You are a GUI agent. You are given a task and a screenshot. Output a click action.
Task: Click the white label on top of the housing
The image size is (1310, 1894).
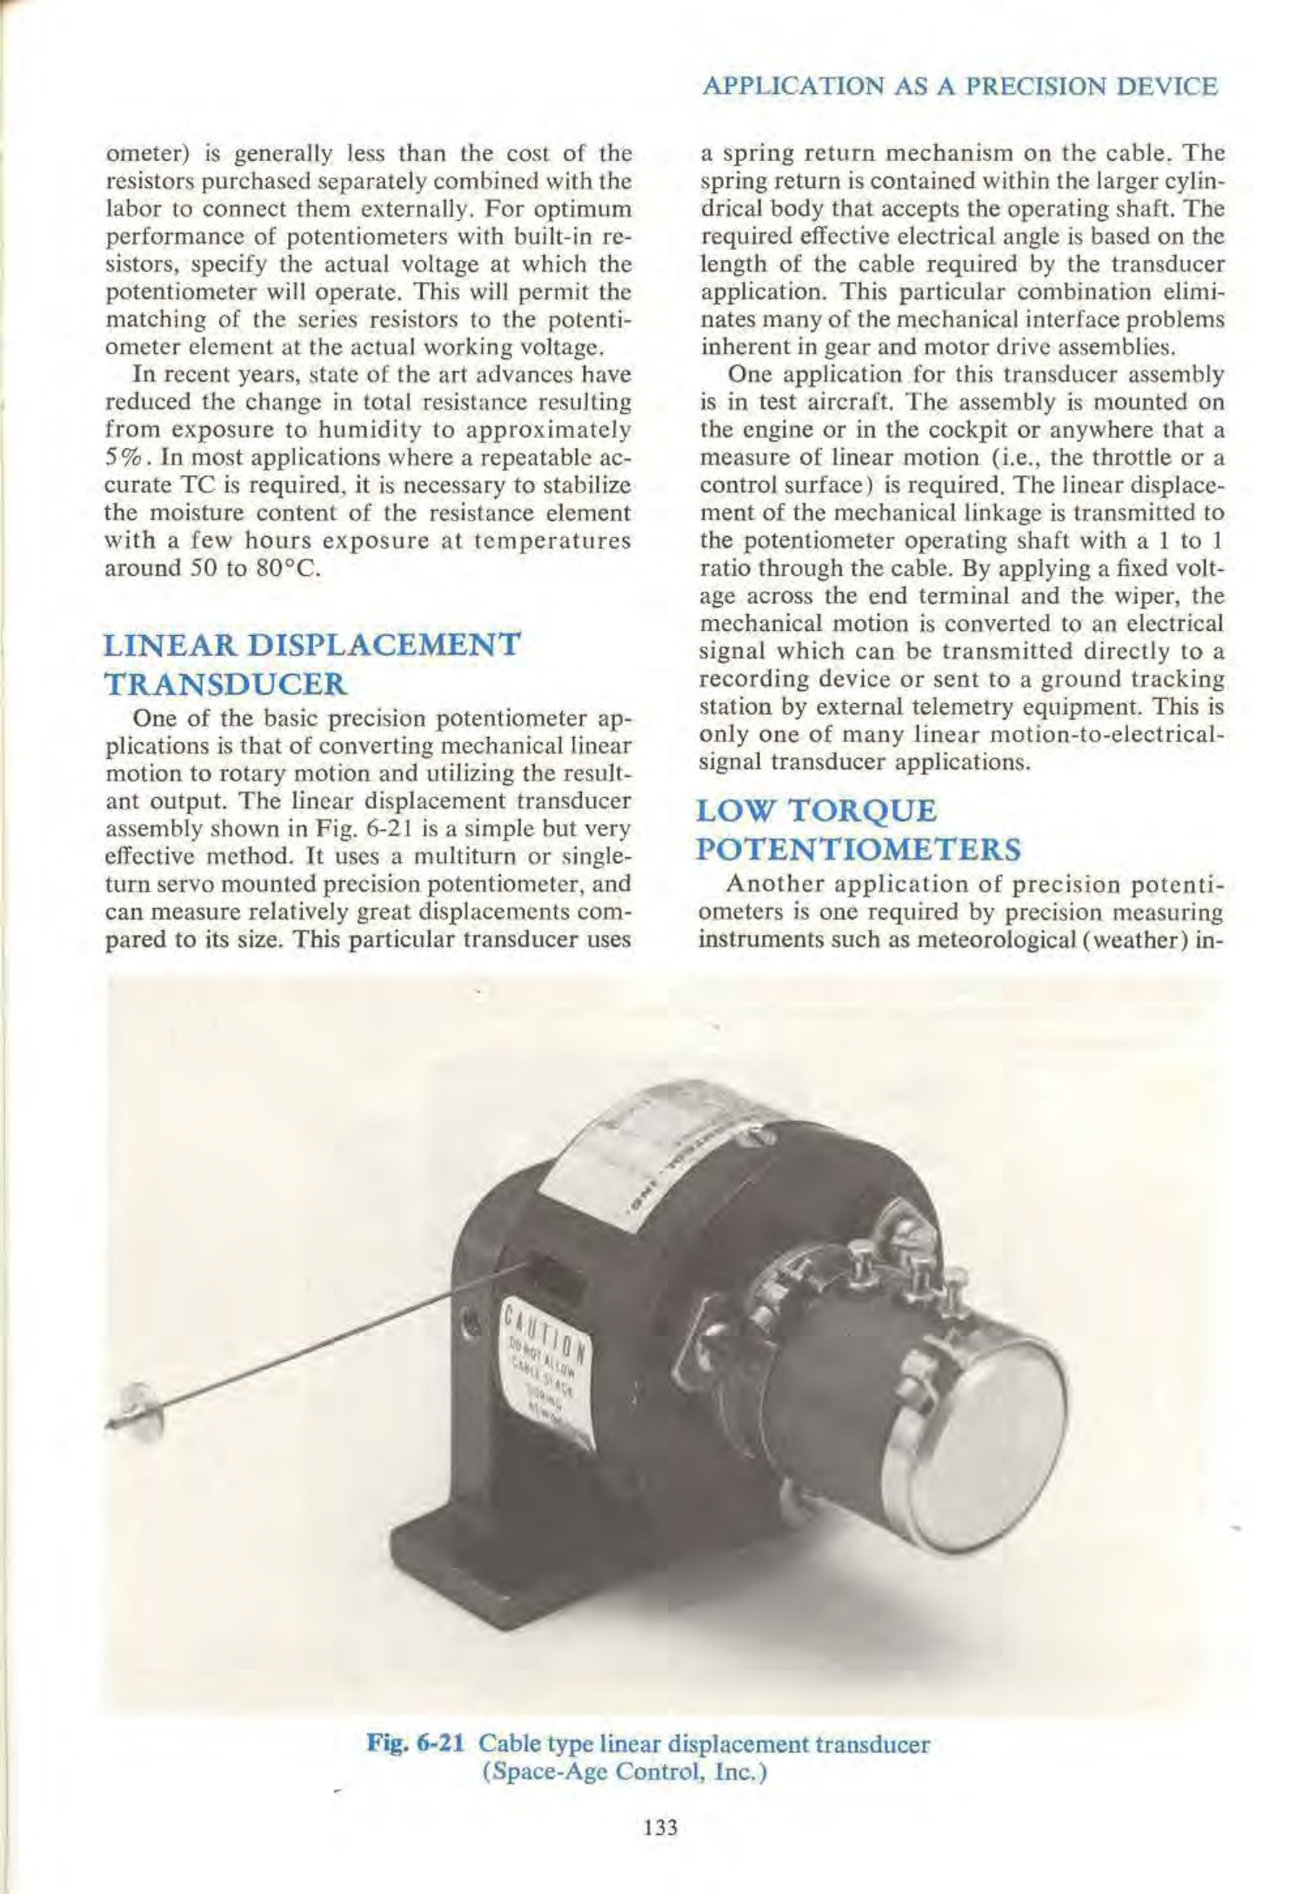click(x=661, y=1140)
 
